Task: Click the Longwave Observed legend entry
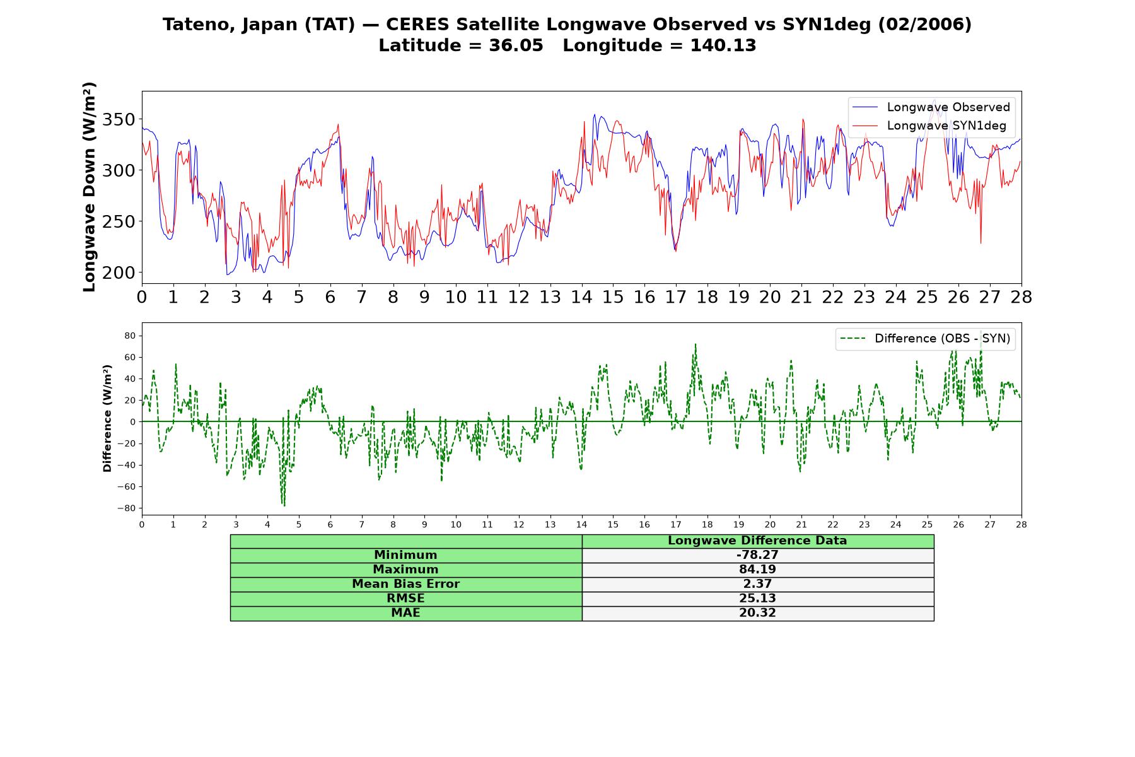pyautogui.click(x=931, y=107)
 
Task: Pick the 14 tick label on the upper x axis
pyautogui.click(x=581, y=297)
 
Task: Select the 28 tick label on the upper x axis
pyautogui.click(x=1021, y=297)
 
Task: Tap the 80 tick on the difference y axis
pyautogui.click(x=130, y=336)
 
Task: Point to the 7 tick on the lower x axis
pyautogui.click(x=362, y=524)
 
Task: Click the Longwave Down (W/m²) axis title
pyautogui.click(x=89, y=187)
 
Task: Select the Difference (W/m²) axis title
pyautogui.click(x=107, y=418)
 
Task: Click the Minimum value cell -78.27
pyautogui.click(x=757, y=555)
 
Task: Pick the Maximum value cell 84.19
pyautogui.click(x=757, y=570)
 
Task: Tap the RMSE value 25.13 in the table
pyautogui.click(x=757, y=599)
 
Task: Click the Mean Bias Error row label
pyautogui.click(x=405, y=584)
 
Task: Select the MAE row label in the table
pyautogui.click(x=405, y=613)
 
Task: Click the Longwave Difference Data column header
pyautogui.click(x=757, y=541)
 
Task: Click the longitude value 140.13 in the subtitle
pyautogui.click(x=723, y=45)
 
